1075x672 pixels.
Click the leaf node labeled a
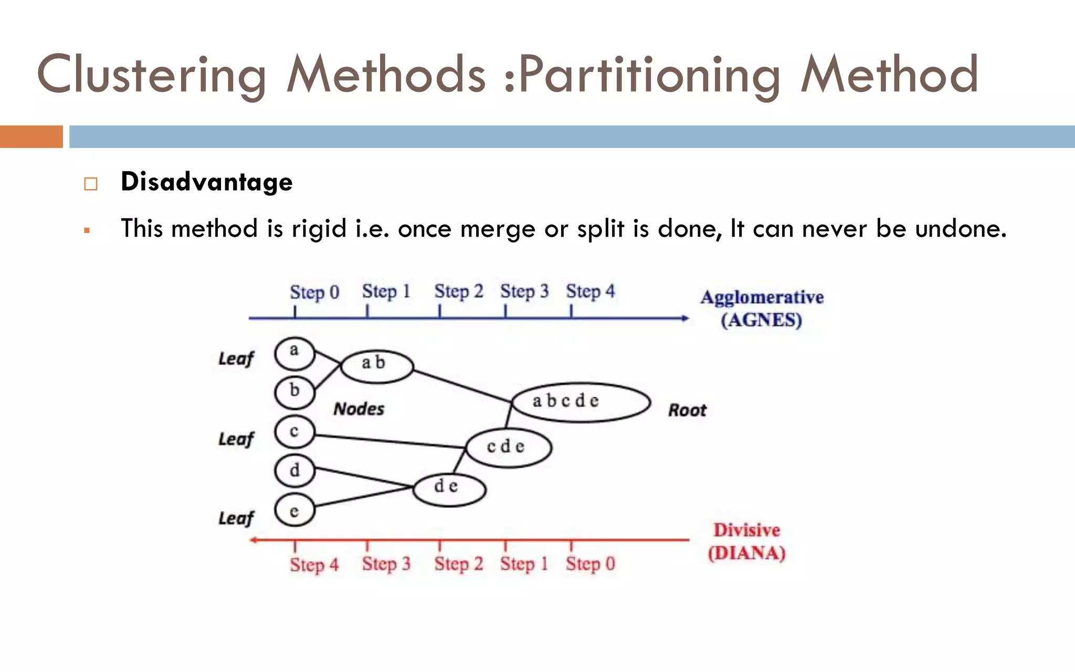(x=294, y=353)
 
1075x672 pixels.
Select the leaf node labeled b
(x=294, y=392)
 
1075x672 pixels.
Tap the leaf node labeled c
(x=294, y=432)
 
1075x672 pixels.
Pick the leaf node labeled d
(x=294, y=471)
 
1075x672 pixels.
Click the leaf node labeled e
(x=294, y=510)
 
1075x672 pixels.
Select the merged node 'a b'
(x=377, y=365)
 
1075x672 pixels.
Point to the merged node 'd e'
(x=449, y=489)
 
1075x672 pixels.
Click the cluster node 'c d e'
(x=508, y=447)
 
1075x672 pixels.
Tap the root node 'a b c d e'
(x=581, y=402)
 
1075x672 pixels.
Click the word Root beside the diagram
(x=687, y=410)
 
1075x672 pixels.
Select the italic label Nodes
(x=359, y=409)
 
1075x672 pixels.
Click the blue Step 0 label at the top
(x=314, y=292)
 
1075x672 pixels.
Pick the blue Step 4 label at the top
(x=590, y=291)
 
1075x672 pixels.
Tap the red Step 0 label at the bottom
(x=590, y=564)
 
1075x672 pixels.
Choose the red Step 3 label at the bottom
(x=386, y=564)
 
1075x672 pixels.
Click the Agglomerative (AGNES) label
(x=762, y=308)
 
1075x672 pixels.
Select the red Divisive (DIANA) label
(x=746, y=541)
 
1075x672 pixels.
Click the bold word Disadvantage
(x=206, y=182)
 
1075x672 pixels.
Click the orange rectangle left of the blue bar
(x=31, y=136)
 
